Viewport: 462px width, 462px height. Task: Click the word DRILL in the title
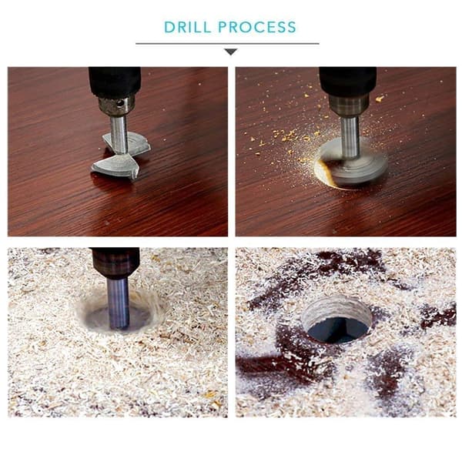click(188, 27)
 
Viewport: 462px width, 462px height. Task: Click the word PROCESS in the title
click(257, 27)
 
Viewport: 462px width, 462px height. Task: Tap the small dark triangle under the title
click(231, 52)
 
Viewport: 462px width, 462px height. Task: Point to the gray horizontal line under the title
click(227, 44)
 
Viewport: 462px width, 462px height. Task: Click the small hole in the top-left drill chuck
click(120, 103)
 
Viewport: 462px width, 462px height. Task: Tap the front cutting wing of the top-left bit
click(116, 166)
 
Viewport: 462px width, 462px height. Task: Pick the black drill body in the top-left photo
click(115, 82)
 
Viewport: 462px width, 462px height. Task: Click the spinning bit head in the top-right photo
click(353, 163)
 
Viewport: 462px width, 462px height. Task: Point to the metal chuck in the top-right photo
click(349, 105)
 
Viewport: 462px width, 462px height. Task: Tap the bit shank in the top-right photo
click(350, 137)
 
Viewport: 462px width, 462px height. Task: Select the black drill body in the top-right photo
click(348, 81)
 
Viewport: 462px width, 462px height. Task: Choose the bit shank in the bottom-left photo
click(118, 303)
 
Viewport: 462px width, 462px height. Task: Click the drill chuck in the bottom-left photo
click(115, 263)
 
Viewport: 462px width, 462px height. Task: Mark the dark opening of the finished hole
click(338, 330)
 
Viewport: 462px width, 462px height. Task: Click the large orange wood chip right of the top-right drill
click(380, 99)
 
